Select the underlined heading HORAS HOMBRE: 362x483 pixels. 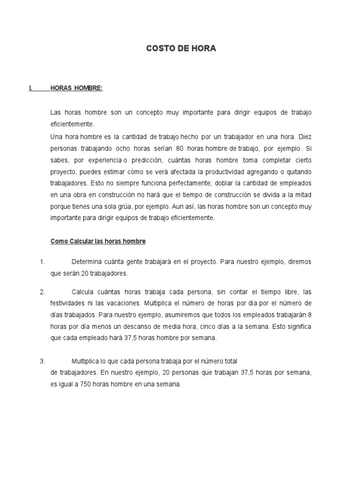pos(76,88)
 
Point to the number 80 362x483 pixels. pos(180,148)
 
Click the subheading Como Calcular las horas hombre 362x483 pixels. pos(98,241)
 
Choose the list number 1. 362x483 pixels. pos(42,262)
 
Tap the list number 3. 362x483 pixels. pos(42,361)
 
